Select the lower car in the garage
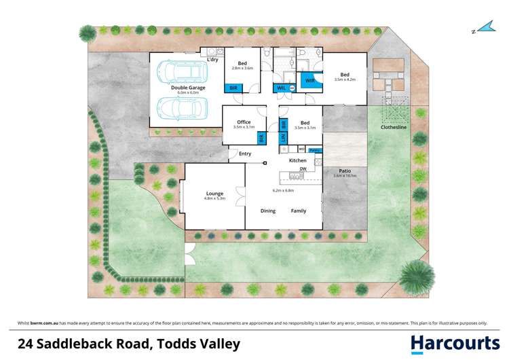[x=178, y=107]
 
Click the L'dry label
[x=212, y=60]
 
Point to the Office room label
[x=243, y=122]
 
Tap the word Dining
[x=268, y=211]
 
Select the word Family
[x=299, y=211]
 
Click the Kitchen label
[x=298, y=160]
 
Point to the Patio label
[x=344, y=170]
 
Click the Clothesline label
[x=393, y=127]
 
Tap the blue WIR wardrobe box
[x=309, y=81]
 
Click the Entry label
[x=245, y=154]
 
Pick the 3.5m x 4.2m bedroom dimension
[x=345, y=79]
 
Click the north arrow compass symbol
[x=483, y=28]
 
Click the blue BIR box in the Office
[x=261, y=138]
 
